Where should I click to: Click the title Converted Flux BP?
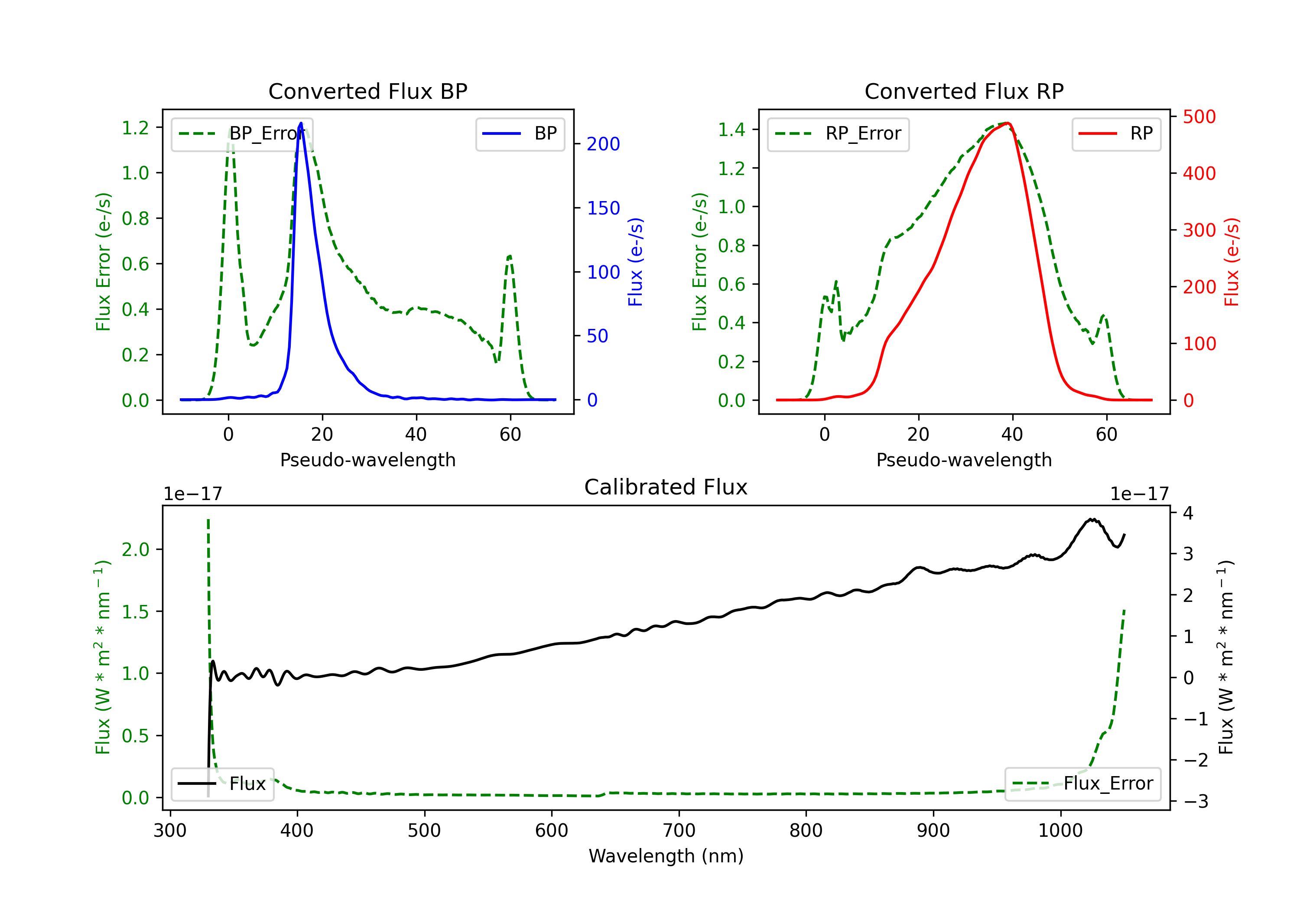[x=367, y=91]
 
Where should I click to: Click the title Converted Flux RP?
[x=964, y=91]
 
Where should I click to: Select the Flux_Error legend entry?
[x=1082, y=784]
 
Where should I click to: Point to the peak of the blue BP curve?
[x=301, y=123]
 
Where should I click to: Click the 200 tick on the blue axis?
[x=603, y=144]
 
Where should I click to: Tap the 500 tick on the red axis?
[x=1199, y=117]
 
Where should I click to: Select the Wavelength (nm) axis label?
[x=666, y=856]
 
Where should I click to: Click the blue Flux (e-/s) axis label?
[x=635, y=262]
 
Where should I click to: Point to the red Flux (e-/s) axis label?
[x=1232, y=262]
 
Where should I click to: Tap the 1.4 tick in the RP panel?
[x=731, y=130]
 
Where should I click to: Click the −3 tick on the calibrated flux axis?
[x=1196, y=801]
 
